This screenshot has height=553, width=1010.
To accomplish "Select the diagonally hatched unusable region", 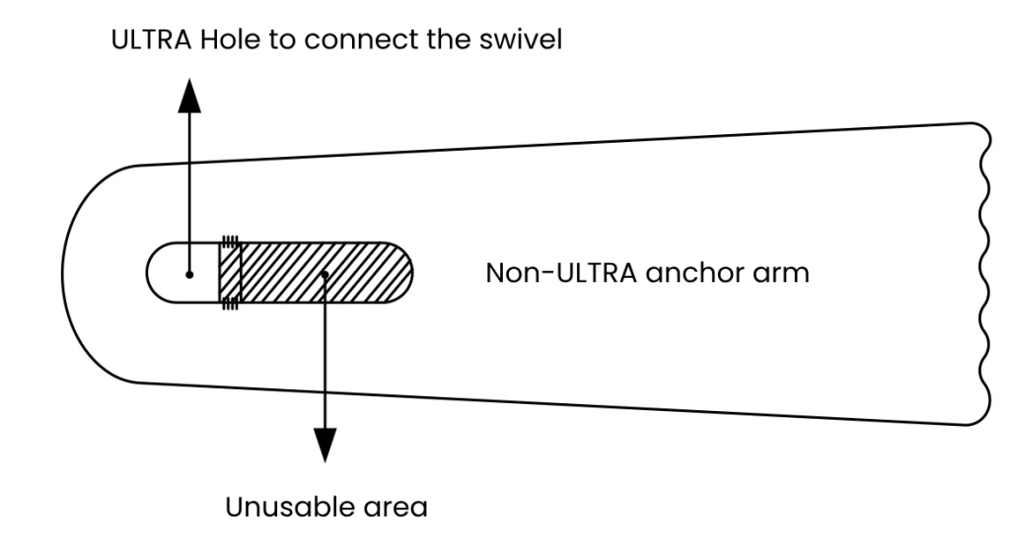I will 296,274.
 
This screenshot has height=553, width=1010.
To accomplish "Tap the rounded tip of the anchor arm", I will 74,274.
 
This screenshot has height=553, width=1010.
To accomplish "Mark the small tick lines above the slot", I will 230,239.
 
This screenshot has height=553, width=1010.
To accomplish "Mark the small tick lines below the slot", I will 230,309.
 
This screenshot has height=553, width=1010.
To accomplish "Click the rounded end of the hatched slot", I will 399,274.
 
